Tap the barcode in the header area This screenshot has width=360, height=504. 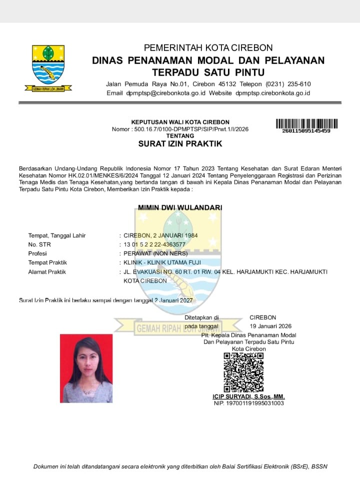306,123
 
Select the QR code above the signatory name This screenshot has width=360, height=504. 243,372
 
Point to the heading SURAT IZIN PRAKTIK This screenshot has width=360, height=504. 180,144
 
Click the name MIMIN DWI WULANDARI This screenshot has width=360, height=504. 180,207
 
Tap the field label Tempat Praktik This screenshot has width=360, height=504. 47,262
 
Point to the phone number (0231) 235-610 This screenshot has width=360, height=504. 288,83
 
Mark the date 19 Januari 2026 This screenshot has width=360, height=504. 270,326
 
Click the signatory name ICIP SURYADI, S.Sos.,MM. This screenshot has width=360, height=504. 248,396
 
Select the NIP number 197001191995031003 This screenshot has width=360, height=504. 248,403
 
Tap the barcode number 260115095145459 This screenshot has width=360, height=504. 306,131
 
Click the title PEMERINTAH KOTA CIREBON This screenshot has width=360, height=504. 208,48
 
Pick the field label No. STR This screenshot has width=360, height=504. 39,244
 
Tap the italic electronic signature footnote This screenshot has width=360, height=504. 180,466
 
